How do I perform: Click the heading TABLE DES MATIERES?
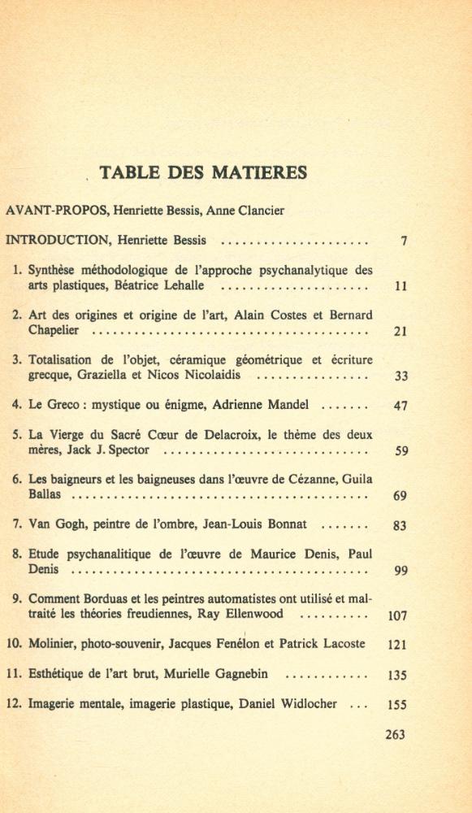coord(202,172)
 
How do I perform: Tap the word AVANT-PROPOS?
coord(56,211)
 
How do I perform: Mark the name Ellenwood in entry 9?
coord(269,615)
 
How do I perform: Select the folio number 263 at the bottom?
coord(395,735)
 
